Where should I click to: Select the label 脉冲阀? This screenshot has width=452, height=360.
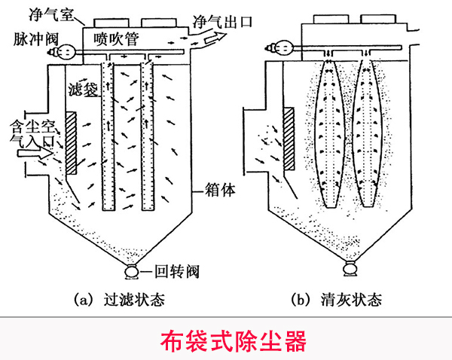pyautogui.click(x=32, y=37)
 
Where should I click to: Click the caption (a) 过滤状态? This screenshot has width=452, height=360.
pyautogui.click(x=121, y=301)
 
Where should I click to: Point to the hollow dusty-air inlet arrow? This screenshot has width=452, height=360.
pyautogui.click(x=29, y=153)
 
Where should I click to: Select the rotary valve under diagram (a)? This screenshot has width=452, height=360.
pyautogui.click(x=133, y=271)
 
